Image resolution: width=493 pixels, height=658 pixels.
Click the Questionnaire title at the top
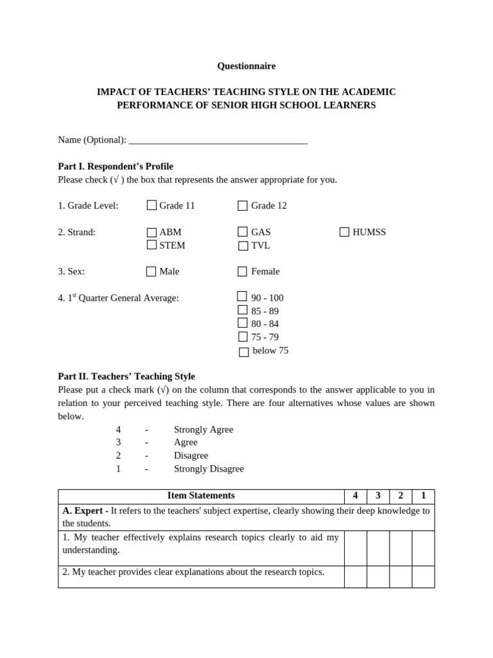pyautogui.click(x=246, y=66)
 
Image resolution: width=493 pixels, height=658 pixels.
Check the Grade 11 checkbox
pyautogui.click(x=151, y=206)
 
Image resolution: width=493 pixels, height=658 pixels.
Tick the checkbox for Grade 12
pyautogui.click(x=243, y=206)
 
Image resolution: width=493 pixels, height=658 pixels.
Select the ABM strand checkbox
pyautogui.click(x=151, y=233)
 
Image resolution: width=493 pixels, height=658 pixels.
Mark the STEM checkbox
pyautogui.click(x=151, y=245)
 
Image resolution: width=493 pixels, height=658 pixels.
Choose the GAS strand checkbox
pyautogui.click(x=243, y=232)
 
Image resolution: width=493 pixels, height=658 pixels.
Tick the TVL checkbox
pyautogui.click(x=243, y=245)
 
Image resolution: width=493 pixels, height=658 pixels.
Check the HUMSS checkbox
pyautogui.click(x=345, y=232)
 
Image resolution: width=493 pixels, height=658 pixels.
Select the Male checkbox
pyautogui.click(x=151, y=272)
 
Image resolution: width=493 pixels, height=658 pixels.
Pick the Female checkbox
pyautogui.click(x=243, y=272)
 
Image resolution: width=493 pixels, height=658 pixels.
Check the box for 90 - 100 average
pyautogui.click(x=242, y=297)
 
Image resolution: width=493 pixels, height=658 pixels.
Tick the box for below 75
pyautogui.click(x=244, y=351)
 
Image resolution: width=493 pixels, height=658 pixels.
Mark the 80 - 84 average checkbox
pyautogui.click(x=243, y=323)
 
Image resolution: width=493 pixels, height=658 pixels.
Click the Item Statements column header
pyautogui.click(x=201, y=496)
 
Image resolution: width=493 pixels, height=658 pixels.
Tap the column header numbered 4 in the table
pyautogui.click(x=356, y=496)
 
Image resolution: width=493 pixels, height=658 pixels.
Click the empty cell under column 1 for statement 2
pyautogui.click(x=423, y=576)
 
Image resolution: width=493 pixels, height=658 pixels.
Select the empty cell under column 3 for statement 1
pyautogui.click(x=378, y=548)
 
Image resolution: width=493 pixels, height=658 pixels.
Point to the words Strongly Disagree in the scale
pyautogui.click(x=209, y=469)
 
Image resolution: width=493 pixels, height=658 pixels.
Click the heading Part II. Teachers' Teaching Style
pyautogui.click(x=126, y=377)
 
